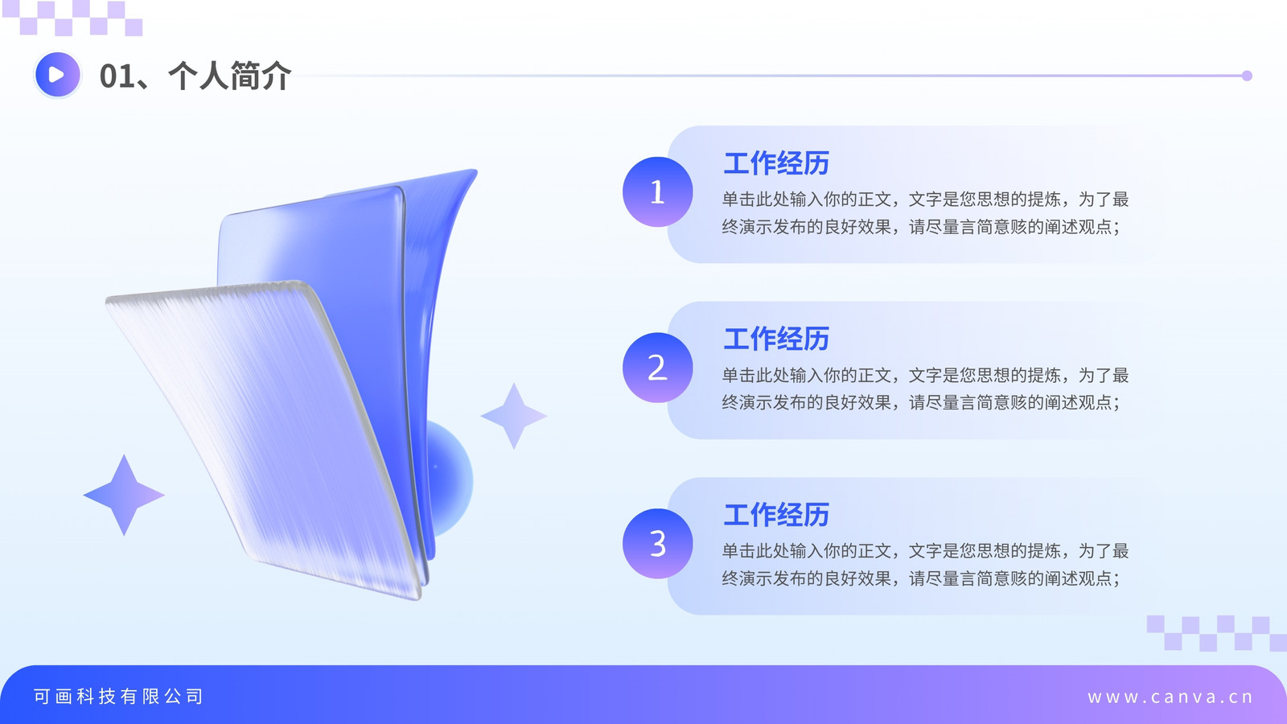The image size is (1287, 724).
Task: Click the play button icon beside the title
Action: coord(57,75)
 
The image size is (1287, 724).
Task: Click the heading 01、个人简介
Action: coord(195,76)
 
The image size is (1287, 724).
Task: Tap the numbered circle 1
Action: coord(657,192)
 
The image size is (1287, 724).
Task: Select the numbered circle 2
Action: coord(657,368)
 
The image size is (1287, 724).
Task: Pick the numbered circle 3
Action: coord(657,544)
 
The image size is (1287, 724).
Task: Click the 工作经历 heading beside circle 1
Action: coord(776,163)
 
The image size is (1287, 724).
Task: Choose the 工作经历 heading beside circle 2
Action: coord(776,339)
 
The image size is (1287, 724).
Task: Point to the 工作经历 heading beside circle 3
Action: coord(776,515)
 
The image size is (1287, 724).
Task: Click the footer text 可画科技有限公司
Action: coord(118,697)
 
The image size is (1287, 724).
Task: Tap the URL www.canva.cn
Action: coord(1170,697)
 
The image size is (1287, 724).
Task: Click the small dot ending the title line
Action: coord(1247,76)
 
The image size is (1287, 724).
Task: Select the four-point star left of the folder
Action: coord(124,495)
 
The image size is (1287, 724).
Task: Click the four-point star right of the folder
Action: coord(514,415)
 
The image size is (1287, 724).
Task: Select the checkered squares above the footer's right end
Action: coord(1217,633)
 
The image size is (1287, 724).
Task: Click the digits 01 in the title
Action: coord(117,76)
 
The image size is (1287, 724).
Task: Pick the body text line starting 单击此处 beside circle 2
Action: coord(925,375)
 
